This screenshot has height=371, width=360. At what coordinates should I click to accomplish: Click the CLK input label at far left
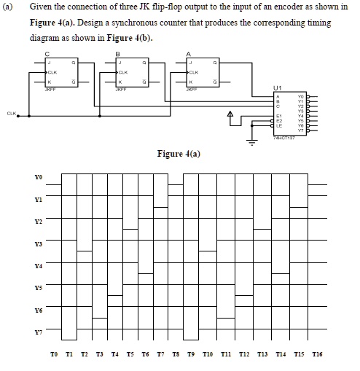click(x=10, y=114)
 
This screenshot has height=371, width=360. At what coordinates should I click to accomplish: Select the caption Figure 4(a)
click(x=179, y=153)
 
